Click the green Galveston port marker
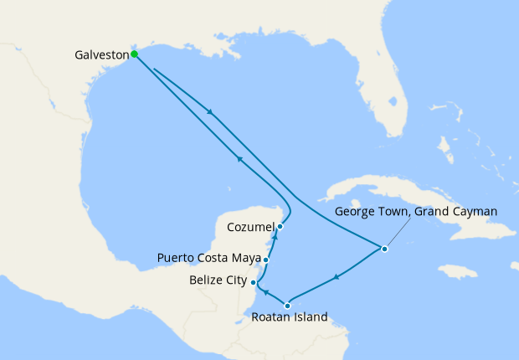[134, 54]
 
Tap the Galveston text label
[100, 55]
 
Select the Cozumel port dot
[280, 226]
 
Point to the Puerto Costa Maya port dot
[265, 260]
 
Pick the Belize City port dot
[254, 283]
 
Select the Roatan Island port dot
[287, 305]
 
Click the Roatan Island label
[290, 318]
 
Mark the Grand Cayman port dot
[384, 249]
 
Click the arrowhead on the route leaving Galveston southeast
[209, 112]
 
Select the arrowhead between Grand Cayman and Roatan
[336, 277]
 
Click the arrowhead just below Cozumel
[275, 239]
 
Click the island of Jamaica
[459, 271]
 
